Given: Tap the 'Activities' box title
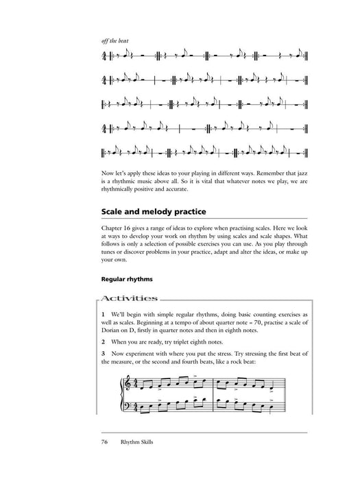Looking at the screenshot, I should [130, 298].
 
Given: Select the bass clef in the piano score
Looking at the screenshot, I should [125, 407].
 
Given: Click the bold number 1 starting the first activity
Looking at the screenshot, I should [102, 314].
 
